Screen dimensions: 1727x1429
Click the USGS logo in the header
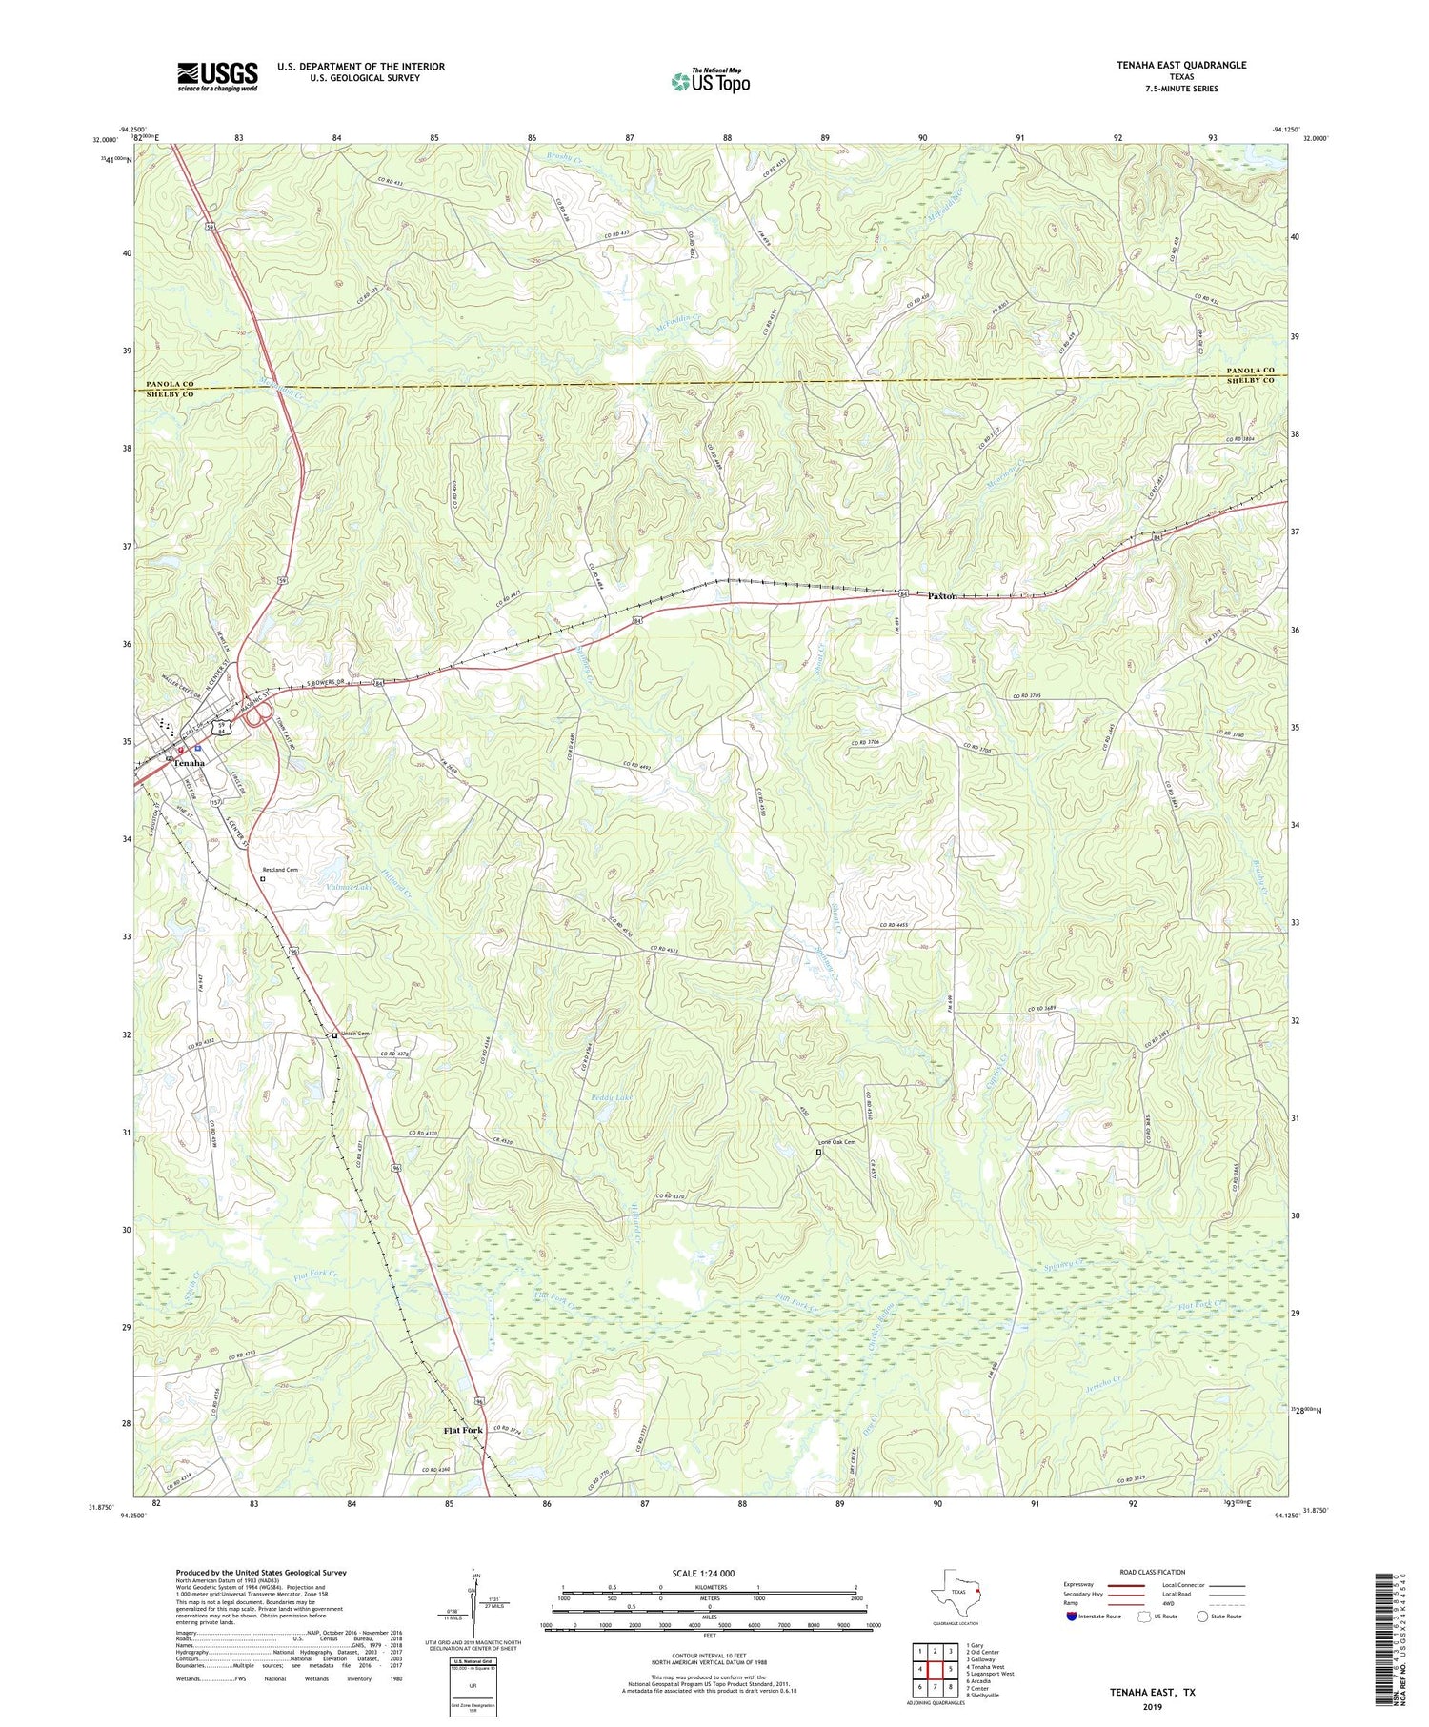(217, 76)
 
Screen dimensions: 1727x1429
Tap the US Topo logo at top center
(710, 81)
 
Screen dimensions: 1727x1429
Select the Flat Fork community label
(462, 1430)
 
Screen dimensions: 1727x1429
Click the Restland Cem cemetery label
(280, 869)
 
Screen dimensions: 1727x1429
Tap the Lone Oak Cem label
(838, 1142)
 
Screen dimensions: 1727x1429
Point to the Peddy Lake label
(611, 1097)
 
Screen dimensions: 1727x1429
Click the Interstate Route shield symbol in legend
(1072, 1617)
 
